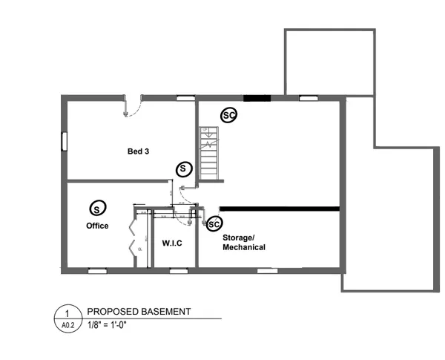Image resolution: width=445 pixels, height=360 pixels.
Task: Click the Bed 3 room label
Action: [x=138, y=151]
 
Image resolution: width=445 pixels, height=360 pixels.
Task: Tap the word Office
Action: [x=97, y=226]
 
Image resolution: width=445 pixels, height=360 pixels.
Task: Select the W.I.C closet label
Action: [x=172, y=243]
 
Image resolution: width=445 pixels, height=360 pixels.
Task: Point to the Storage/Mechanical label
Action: [x=244, y=242]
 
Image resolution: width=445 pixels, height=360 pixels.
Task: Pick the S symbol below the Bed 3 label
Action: [x=182, y=169]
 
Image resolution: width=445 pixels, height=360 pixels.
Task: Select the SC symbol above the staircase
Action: [x=229, y=116]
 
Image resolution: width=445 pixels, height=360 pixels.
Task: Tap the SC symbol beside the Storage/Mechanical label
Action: [x=214, y=223]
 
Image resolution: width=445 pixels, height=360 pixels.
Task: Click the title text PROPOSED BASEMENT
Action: [x=139, y=312]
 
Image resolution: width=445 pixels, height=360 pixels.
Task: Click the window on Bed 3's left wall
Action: [x=64, y=140]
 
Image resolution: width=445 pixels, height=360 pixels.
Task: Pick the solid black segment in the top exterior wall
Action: [x=257, y=97]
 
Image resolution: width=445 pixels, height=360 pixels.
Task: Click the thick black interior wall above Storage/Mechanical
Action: [x=280, y=209]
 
